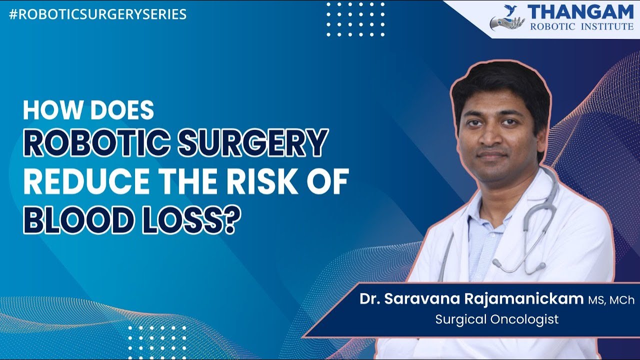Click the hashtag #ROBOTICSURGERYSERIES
pos(97,14)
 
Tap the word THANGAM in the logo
pos(580,12)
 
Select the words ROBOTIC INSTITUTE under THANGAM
pos(580,26)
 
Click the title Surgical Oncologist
pos(496,319)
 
